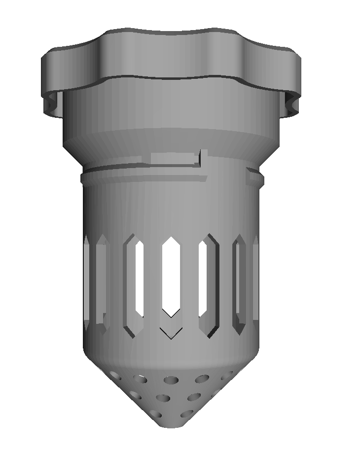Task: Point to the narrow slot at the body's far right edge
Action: pyautogui.click(x=255, y=279)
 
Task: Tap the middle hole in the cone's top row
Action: pyautogui.click(x=172, y=380)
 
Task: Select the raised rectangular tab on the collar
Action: pyautogui.click(x=173, y=158)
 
